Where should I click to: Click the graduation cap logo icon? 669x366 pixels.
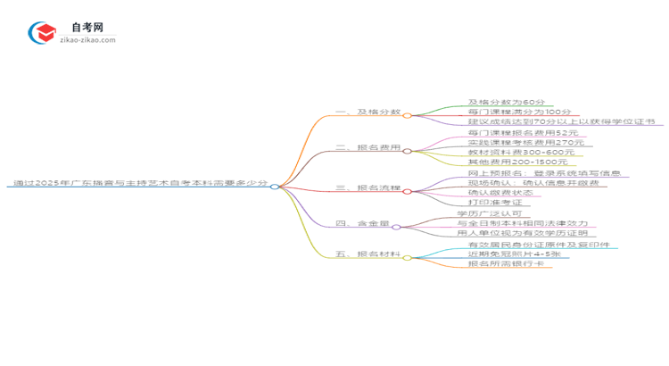(41, 32)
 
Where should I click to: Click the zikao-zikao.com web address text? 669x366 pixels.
(89, 40)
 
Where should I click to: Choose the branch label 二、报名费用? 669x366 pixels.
(368, 149)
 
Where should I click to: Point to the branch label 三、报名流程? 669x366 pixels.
(368, 187)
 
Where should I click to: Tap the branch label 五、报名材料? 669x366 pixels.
(368, 255)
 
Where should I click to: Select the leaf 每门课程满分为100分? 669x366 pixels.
(506, 112)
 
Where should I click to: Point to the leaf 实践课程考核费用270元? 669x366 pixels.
(516, 142)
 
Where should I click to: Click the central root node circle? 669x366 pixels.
(275, 187)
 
